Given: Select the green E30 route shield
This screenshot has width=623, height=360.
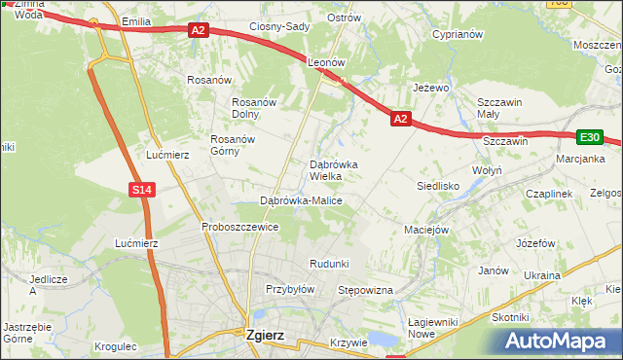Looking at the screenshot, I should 590,138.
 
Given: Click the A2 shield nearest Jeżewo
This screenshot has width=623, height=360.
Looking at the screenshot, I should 400,119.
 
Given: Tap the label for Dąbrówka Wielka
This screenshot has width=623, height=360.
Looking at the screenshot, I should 332,170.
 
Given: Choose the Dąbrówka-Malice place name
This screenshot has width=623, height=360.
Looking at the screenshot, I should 301,200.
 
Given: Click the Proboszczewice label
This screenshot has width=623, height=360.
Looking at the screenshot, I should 240,227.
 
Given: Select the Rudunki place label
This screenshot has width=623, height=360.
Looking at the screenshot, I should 329,265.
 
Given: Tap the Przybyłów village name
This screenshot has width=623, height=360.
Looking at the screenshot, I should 290,289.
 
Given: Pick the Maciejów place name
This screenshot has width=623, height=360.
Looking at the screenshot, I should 425,231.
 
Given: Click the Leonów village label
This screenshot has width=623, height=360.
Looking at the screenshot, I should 327,61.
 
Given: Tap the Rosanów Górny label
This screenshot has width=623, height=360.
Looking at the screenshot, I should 233,145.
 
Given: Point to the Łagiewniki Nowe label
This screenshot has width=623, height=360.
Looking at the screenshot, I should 434,329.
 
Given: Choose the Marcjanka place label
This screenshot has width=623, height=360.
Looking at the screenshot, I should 580,159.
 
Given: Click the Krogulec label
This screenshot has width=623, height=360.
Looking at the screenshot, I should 117,346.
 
